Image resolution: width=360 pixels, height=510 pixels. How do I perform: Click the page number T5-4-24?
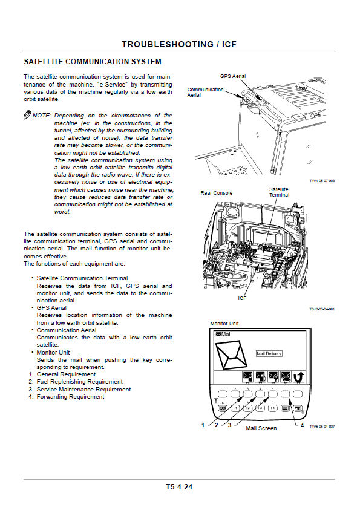click(x=179, y=487)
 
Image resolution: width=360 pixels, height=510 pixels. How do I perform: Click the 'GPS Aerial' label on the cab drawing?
click(x=233, y=76)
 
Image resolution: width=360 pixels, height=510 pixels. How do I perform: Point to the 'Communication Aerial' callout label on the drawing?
click(x=205, y=92)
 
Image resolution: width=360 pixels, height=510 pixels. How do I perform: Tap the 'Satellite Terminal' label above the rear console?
click(x=279, y=192)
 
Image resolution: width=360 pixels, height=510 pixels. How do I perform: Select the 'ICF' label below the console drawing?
click(x=242, y=298)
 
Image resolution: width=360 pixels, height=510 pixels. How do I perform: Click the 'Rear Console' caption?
click(x=216, y=193)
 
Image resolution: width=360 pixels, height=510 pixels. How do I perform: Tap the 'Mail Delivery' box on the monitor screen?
click(x=269, y=353)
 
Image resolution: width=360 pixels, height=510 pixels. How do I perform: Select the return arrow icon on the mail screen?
click(x=298, y=377)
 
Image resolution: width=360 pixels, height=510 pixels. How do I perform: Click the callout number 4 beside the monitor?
click(x=302, y=425)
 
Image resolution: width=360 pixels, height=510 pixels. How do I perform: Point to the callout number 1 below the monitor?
click(x=203, y=425)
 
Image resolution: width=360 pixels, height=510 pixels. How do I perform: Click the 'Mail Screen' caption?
click(x=261, y=428)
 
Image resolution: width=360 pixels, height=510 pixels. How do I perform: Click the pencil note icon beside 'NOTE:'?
click(x=27, y=115)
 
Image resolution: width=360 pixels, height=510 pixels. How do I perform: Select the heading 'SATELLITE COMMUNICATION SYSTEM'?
click(x=93, y=62)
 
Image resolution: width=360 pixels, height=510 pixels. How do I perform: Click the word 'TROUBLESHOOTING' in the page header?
click(x=168, y=44)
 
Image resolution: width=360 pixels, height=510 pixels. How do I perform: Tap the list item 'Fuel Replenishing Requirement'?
click(x=79, y=382)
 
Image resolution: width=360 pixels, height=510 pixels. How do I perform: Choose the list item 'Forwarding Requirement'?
click(x=70, y=396)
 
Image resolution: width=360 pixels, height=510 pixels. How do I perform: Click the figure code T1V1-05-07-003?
click(x=322, y=180)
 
